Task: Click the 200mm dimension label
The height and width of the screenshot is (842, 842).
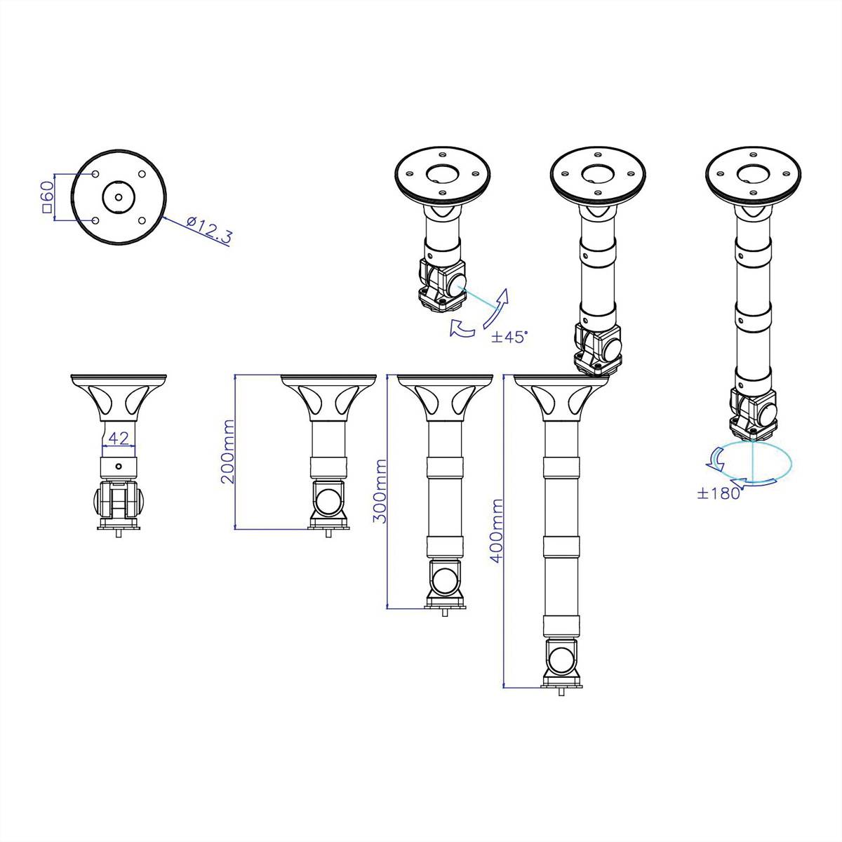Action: point(227,452)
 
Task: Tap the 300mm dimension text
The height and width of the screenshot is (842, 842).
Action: point(380,491)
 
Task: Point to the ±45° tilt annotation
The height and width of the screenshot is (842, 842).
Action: point(509,337)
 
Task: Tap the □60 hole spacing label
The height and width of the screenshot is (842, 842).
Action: point(48,197)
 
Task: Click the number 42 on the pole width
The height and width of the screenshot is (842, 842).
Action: point(119,438)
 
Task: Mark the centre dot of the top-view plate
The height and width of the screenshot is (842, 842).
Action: point(119,196)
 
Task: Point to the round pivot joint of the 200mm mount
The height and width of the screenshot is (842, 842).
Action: point(328,502)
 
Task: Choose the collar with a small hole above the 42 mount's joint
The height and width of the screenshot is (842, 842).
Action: point(119,467)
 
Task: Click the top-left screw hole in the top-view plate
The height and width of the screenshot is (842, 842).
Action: point(95,174)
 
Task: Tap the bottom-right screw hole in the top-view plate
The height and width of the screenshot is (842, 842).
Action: point(142,220)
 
